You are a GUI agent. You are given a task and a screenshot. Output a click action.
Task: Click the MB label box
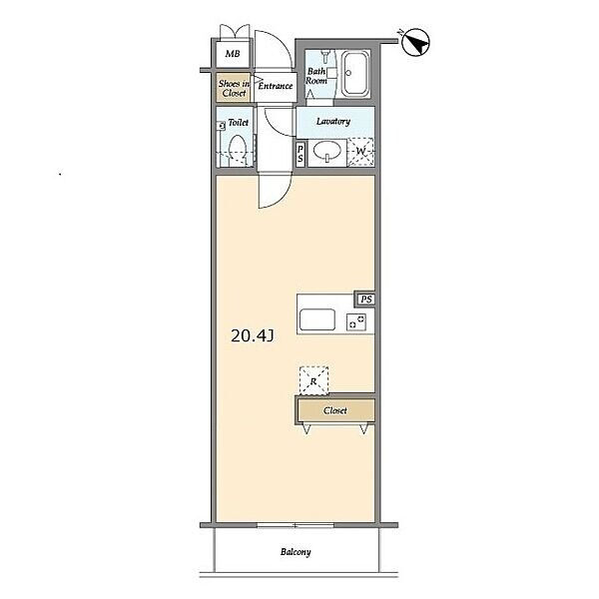pyautogui.click(x=233, y=54)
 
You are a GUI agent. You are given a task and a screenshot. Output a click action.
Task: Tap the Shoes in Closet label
pyautogui.click(x=234, y=88)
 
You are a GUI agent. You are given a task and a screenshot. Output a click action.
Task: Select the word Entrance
pyautogui.click(x=276, y=86)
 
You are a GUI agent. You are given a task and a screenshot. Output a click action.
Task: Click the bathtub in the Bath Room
pyautogui.click(x=355, y=73)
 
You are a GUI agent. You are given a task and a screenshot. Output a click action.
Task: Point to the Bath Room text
pyautogui.click(x=316, y=76)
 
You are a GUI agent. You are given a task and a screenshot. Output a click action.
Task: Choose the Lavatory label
pyautogui.click(x=333, y=122)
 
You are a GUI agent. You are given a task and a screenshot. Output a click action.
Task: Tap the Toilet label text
pyautogui.click(x=238, y=123)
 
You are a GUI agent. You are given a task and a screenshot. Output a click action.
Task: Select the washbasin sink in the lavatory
pyautogui.click(x=327, y=152)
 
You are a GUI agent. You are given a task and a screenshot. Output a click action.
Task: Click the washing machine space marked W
pyautogui.click(x=360, y=152)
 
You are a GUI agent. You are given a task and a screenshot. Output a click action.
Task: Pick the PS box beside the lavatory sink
pyautogui.click(x=300, y=154)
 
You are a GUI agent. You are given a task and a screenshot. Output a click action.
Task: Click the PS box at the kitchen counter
pyautogui.click(x=365, y=299)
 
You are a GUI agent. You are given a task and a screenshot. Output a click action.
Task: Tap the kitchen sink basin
pyautogui.click(x=317, y=319)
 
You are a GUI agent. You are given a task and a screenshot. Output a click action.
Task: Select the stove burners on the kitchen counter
pyautogui.click(x=356, y=321)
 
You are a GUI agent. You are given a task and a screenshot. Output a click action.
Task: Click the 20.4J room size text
pyautogui.click(x=253, y=336)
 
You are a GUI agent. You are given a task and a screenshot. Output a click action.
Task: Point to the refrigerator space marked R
pyautogui.click(x=313, y=380)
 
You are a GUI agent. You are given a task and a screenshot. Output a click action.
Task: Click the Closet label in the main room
pyautogui.click(x=335, y=410)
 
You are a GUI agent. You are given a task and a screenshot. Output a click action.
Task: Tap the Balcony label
pyautogui.click(x=296, y=552)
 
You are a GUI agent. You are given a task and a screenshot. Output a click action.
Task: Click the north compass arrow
pyautogui.click(x=416, y=42)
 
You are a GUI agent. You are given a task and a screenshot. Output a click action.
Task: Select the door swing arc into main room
pyautogui.click(x=282, y=200)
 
